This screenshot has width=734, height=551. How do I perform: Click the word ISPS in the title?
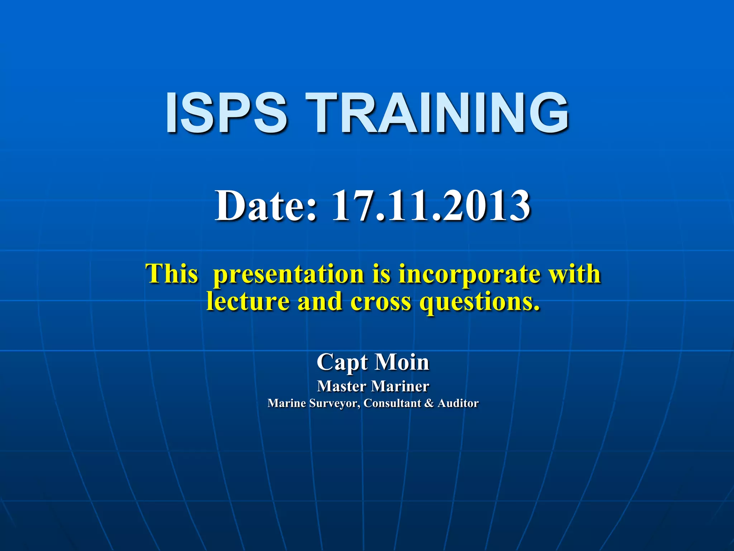(x=226, y=113)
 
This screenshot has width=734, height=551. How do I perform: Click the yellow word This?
(x=172, y=274)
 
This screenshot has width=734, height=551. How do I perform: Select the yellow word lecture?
(x=248, y=301)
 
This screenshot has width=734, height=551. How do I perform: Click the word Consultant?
(x=392, y=403)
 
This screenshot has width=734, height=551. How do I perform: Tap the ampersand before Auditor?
(x=429, y=403)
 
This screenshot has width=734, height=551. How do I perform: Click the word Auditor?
(x=458, y=403)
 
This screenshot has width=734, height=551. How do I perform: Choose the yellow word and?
(x=320, y=301)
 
